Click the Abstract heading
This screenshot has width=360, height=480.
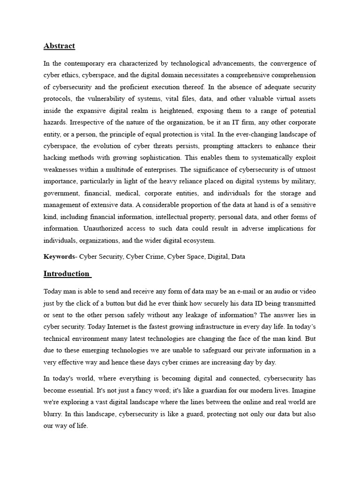[59, 46]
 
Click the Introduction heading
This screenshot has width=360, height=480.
[66, 274]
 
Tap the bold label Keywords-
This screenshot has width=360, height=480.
[60, 256]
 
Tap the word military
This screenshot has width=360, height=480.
[302, 181]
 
